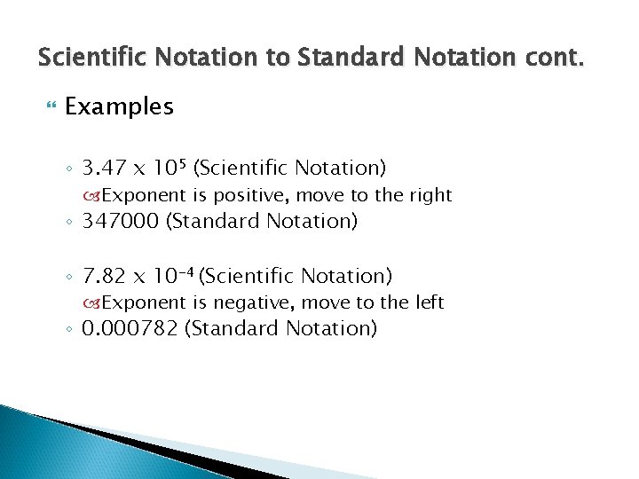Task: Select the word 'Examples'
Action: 119,107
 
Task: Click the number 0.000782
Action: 130,329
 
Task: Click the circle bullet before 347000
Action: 70,222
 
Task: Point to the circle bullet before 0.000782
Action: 70,330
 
